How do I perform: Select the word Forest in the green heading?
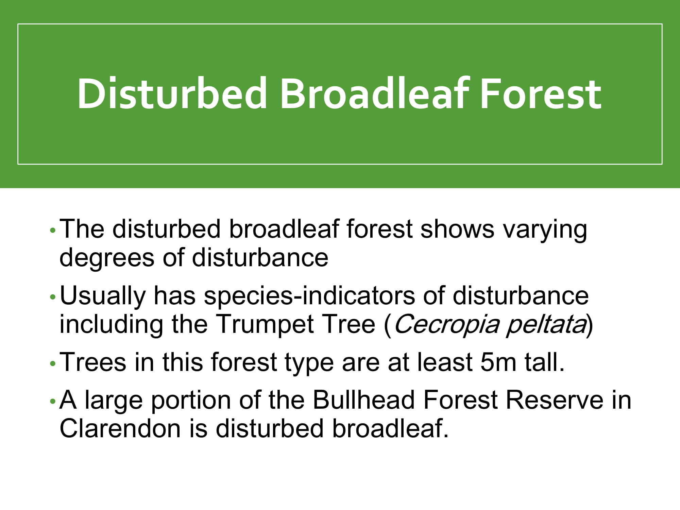point(541,93)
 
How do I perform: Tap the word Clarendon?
point(120,428)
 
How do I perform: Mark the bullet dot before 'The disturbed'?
point(52,231)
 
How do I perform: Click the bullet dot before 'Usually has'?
point(52,297)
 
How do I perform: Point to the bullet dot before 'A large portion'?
point(52,402)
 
